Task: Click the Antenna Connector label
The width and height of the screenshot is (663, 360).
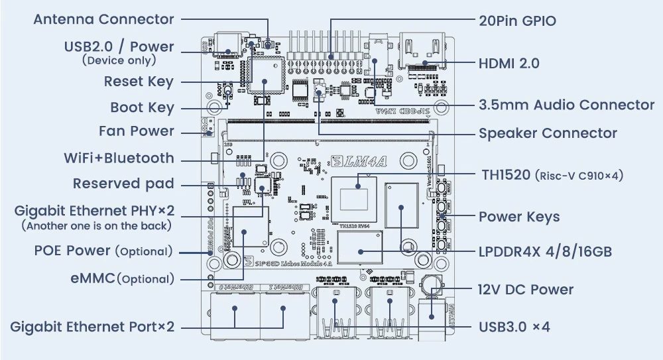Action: pyautogui.click(x=103, y=19)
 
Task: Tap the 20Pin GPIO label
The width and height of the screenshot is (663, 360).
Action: pyautogui.click(x=517, y=21)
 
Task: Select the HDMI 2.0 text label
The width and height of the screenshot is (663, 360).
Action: pyautogui.click(x=509, y=64)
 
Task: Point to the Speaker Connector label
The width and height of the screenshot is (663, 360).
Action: pyautogui.click(x=548, y=133)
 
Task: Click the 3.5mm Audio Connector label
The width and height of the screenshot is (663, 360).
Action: pyautogui.click(x=566, y=105)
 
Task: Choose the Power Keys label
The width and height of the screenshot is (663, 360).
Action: pyautogui.click(x=518, y=217)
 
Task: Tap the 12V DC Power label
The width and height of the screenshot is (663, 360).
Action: pyautogui.click(x=525, y=289)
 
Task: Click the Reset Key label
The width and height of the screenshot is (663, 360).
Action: pyautogui.click(x=138, y=82)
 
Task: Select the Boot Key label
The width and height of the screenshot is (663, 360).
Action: pyautogui.click(x=142, y=107)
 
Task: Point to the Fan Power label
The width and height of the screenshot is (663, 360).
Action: pyautogui.click(x=136, y=131)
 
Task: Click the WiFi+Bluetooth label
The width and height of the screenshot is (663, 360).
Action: pyautogui.click(x=119, y=158)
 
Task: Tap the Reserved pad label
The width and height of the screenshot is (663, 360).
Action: pyautogui.click(x=123, y=184)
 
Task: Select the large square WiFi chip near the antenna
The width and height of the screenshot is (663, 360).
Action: pyautogui.click(x=265, y=75)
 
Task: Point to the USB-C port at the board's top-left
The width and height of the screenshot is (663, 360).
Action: pyautogui.click(x=228, y=44)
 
